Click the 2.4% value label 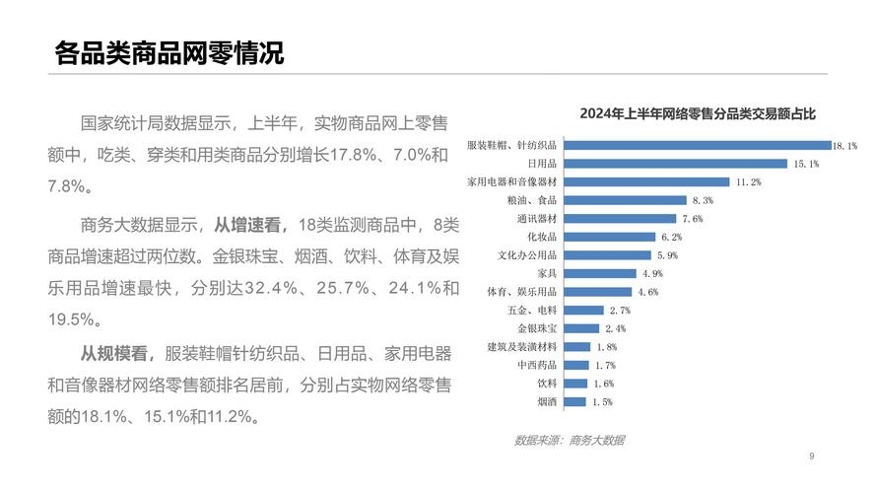[615, 328]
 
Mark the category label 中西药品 [537, 365]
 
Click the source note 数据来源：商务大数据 [569, 440]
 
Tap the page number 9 [811, 456]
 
